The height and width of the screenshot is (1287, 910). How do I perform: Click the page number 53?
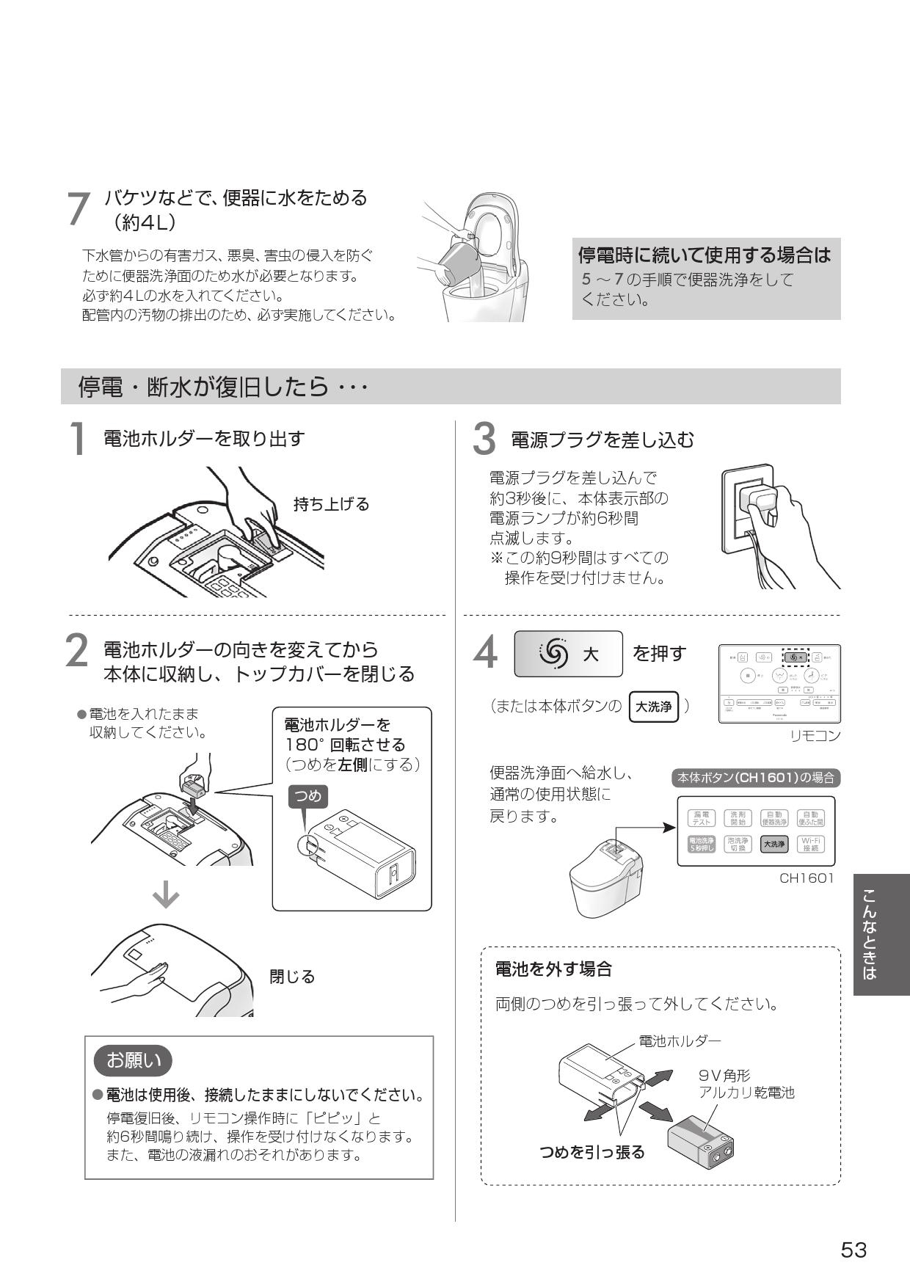click(x=853, y=1250)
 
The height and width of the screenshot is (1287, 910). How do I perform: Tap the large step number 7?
click(x=78, y=210)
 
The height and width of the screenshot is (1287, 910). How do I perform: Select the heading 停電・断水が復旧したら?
click(x=222, y=387)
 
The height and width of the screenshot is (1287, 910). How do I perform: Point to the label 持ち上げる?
click(x=331, y=504)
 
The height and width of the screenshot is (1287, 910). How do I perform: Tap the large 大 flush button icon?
click(x=568, y=654)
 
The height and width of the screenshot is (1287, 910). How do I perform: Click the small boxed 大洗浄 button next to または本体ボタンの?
click(x=653, y=707)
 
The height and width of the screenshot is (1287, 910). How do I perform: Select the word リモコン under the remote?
click(x=815, y=736)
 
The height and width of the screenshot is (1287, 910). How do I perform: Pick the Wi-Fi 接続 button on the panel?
click(x=811, y=844)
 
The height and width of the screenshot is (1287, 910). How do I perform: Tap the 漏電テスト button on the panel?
click(x=701, y=818)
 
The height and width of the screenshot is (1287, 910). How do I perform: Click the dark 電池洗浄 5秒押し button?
click(x=701, y=844)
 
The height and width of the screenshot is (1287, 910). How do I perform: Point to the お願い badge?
click(x=134, y=1060)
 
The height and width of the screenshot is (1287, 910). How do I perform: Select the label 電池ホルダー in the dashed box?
click(x=680, y=1041)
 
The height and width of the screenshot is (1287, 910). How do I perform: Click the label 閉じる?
click(x=292, y=977)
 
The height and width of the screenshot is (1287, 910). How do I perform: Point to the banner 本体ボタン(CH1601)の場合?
click(x=756, y=778)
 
